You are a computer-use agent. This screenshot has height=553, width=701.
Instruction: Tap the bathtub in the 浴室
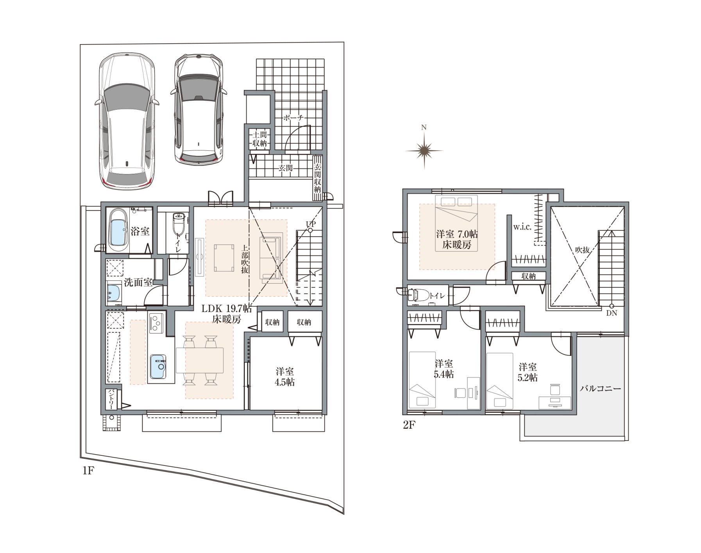118,231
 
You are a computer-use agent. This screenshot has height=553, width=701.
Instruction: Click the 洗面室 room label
138,282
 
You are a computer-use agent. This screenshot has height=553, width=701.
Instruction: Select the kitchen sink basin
157,366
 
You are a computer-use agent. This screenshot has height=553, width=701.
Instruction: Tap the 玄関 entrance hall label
285,168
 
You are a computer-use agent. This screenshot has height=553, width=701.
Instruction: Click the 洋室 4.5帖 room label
285,376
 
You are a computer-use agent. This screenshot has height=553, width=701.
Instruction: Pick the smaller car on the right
198,109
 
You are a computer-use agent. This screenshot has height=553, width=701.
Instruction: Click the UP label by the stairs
311,224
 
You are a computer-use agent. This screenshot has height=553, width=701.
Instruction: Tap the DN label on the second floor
612,313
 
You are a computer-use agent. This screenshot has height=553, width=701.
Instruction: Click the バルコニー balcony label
600,389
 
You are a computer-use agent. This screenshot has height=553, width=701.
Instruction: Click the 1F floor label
88,471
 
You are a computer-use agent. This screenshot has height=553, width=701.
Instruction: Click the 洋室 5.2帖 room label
528,372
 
